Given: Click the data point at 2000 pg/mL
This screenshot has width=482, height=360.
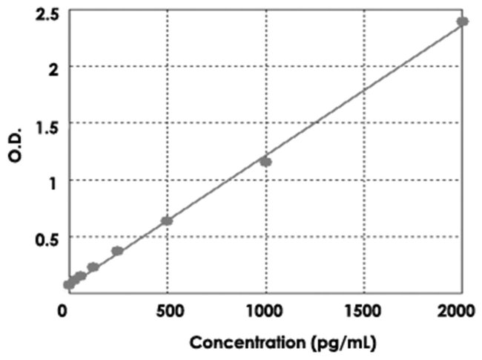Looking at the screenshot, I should [x=462, y=22].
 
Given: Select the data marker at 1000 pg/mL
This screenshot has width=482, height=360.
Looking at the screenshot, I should [x=265, y=161].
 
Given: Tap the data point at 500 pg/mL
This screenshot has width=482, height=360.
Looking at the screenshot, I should [x=167, y=220].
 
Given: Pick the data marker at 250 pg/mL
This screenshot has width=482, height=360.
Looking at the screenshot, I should [x=117, y=251].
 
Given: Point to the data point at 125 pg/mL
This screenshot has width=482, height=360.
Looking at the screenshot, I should [x=93, y=266].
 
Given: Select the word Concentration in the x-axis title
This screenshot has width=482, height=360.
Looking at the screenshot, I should [x=240, y=344].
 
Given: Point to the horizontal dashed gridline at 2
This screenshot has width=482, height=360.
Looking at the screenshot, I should [x=222, y=67].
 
